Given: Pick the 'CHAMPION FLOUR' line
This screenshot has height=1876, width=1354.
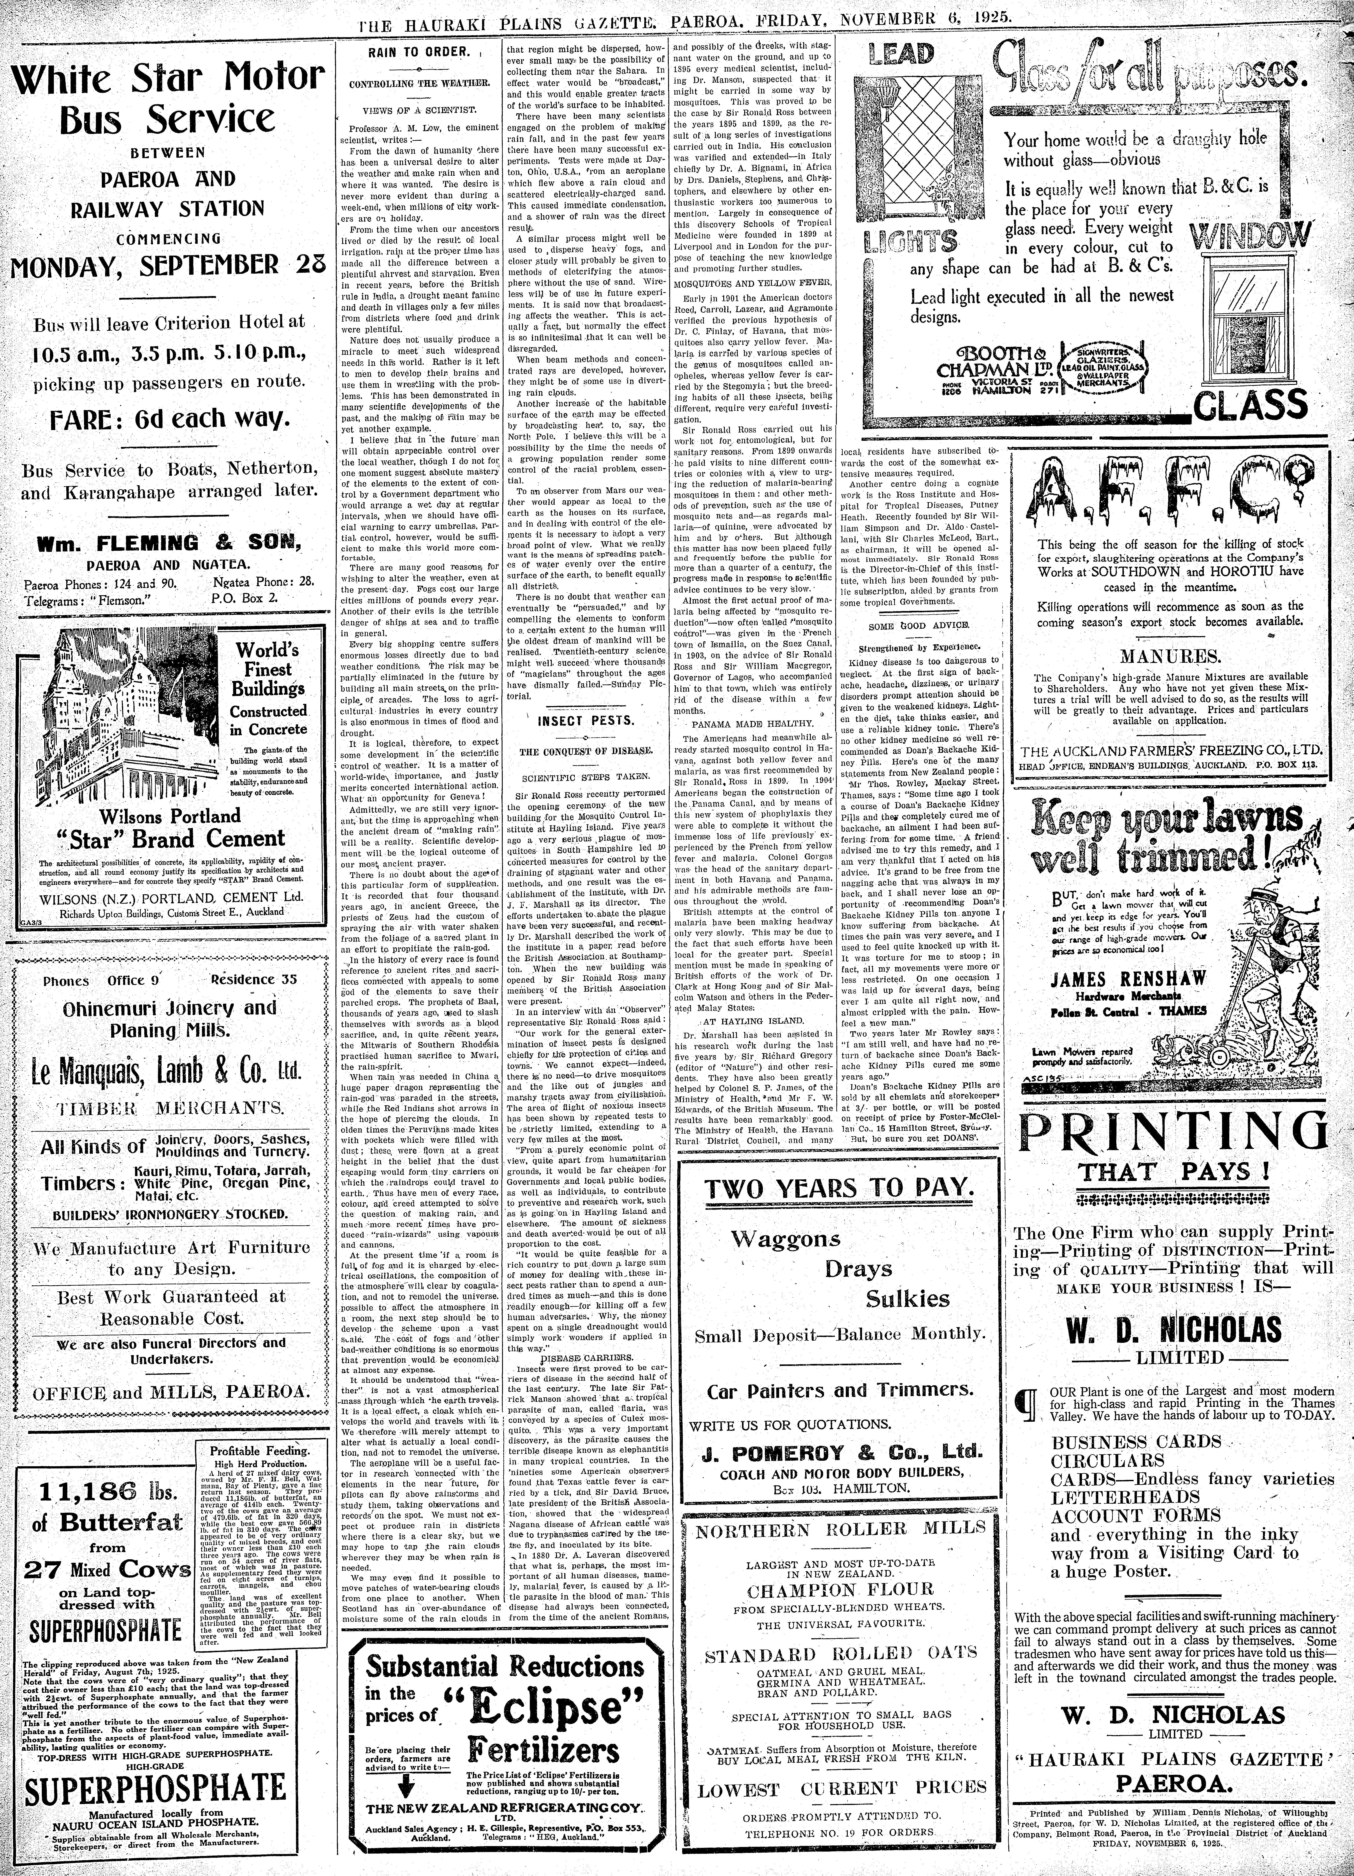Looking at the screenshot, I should coord(840,1590).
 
